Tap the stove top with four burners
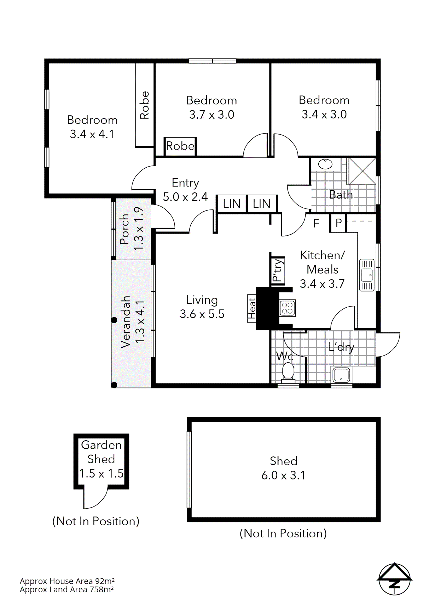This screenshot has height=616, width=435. click(x=287, y=308)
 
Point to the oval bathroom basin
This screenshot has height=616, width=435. click(x=325, y=164)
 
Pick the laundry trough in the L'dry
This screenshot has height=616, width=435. click(x=341, y=375)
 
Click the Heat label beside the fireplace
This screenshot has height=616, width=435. click(x=252, y=309)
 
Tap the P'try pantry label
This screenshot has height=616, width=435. click(x=278, y=270)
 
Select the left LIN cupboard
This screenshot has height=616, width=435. click(x=232, y=204)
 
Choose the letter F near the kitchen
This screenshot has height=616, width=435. click(x=316, y=223)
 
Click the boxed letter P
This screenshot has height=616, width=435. click(x=338, y=223)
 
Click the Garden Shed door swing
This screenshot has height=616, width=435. click(x=95, y=498)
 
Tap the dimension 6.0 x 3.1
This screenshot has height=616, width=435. click(x=283, y=475)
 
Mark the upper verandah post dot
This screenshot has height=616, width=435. click(x=114, y=320)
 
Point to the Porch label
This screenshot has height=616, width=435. click(x=124, y=229)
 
